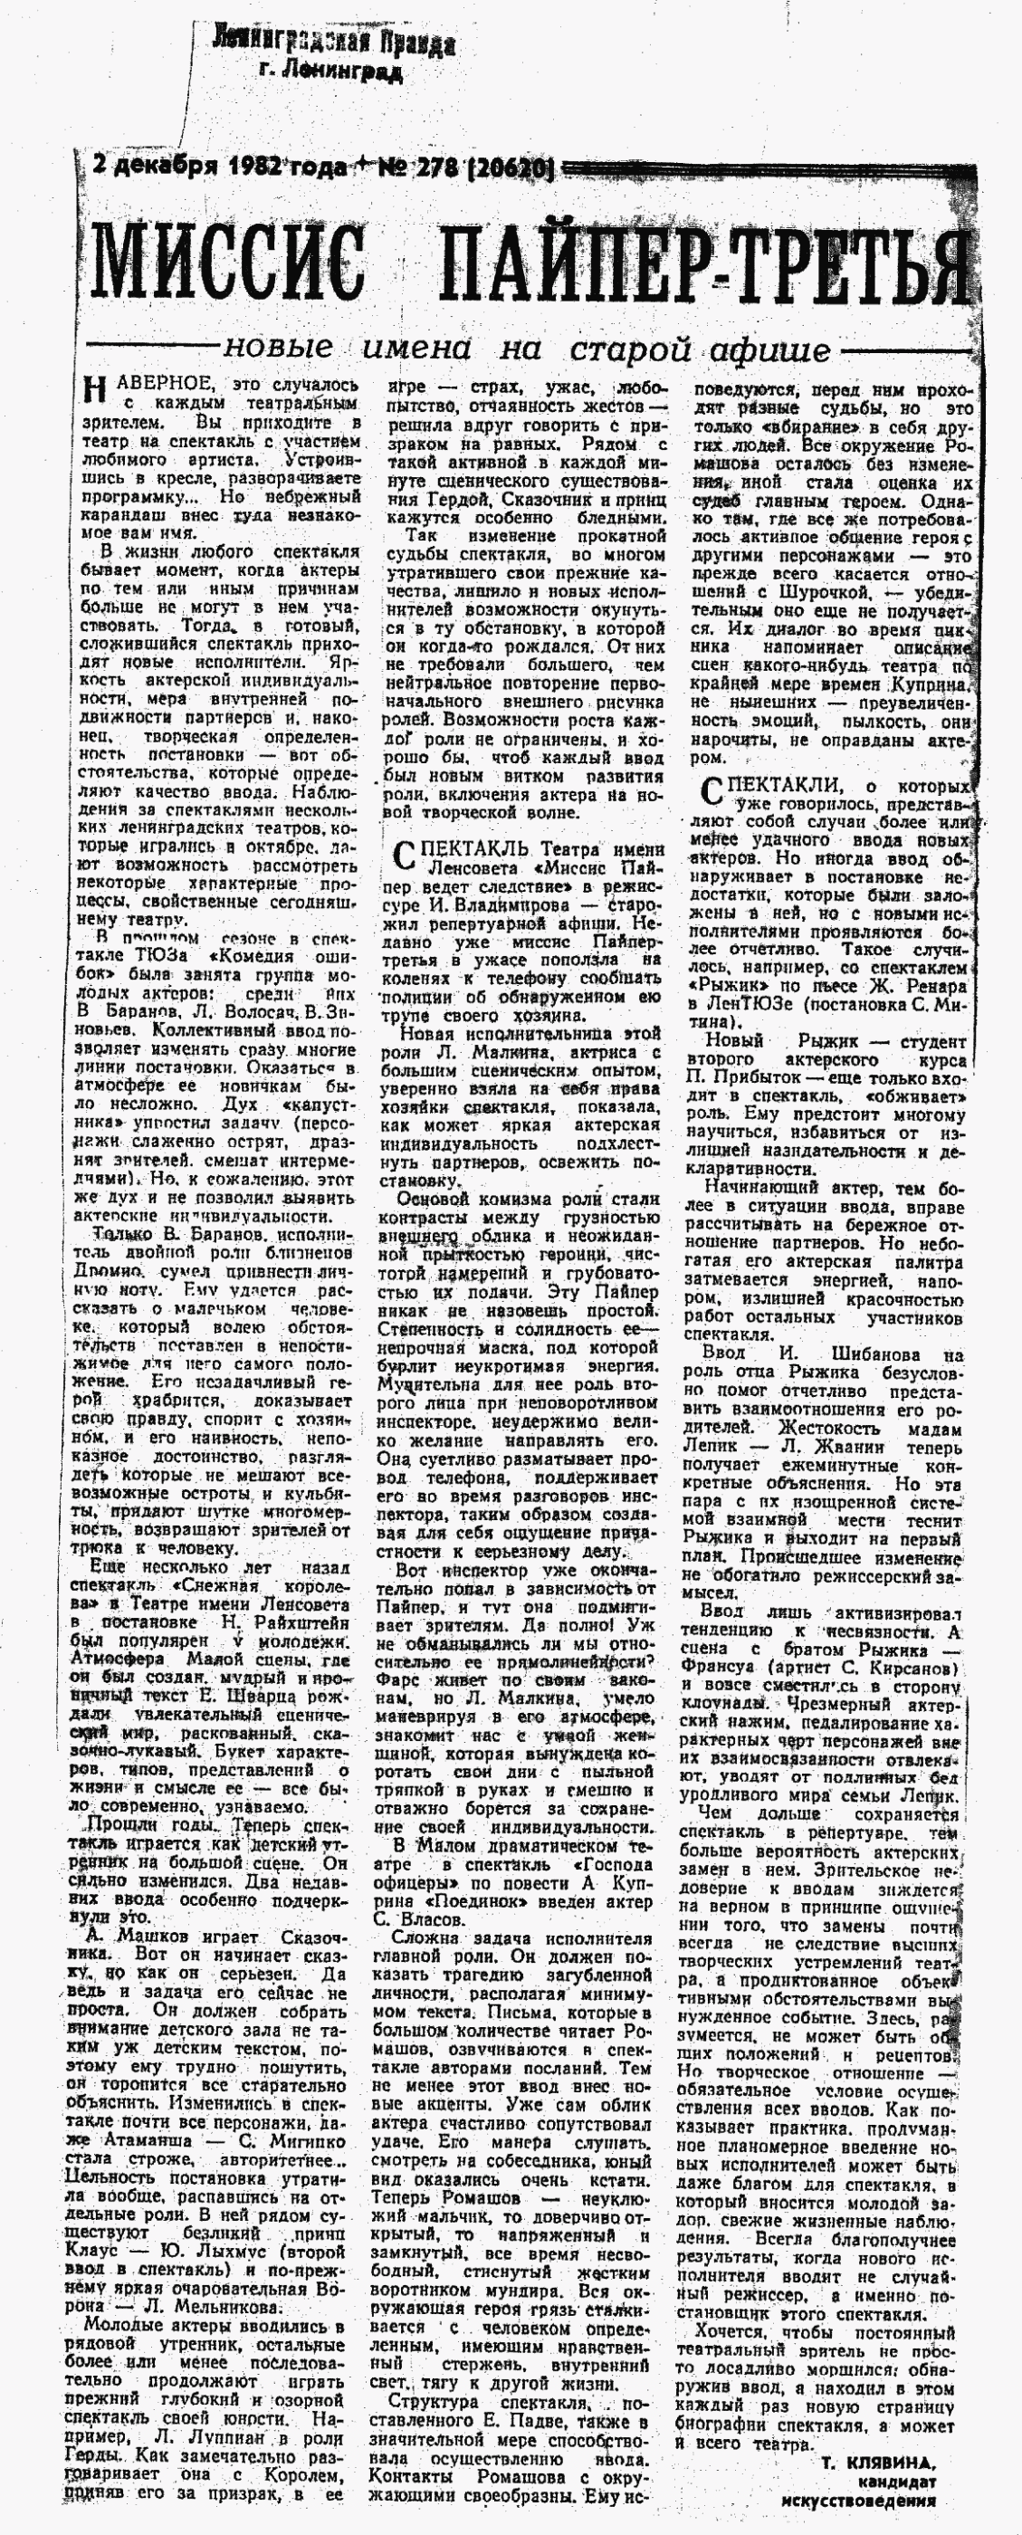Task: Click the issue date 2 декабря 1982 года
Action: [217, 167]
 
